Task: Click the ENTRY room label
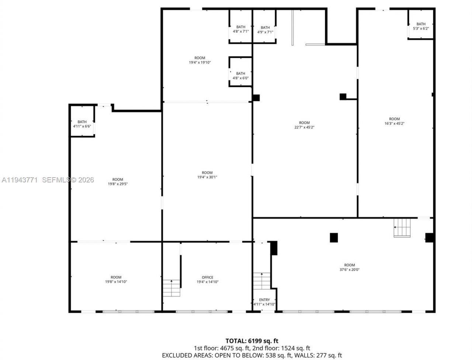264,302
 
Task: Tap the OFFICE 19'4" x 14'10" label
207,280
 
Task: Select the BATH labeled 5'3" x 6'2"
421,26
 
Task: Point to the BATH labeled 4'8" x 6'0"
240,76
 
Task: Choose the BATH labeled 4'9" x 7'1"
265,29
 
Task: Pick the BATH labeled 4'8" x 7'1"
240,29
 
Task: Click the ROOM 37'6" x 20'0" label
349,267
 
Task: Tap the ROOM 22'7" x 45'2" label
304,125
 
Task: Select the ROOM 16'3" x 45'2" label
394,121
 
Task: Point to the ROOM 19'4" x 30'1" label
207,175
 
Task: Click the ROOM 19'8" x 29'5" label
118,182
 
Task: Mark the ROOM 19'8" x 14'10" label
116,279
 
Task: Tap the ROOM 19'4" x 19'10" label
199,60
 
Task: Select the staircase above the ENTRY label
262,282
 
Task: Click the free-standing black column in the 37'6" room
334,238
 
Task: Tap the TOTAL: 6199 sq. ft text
254,341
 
